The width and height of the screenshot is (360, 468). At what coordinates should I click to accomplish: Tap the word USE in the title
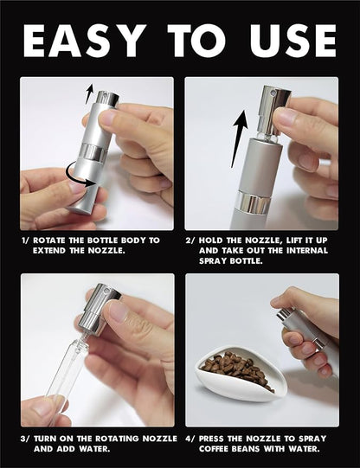[294, 41]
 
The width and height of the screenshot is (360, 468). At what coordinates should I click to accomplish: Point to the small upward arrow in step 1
[89, 93]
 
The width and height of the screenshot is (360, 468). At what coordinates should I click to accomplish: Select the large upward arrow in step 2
[239, 138]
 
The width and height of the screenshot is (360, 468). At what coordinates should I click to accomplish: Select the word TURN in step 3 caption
[45, 439]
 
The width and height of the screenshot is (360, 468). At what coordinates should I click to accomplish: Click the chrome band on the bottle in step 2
[254, 203]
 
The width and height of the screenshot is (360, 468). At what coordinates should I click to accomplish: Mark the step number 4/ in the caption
[190, 439]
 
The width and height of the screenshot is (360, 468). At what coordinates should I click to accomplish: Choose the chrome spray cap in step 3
[99, 309]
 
